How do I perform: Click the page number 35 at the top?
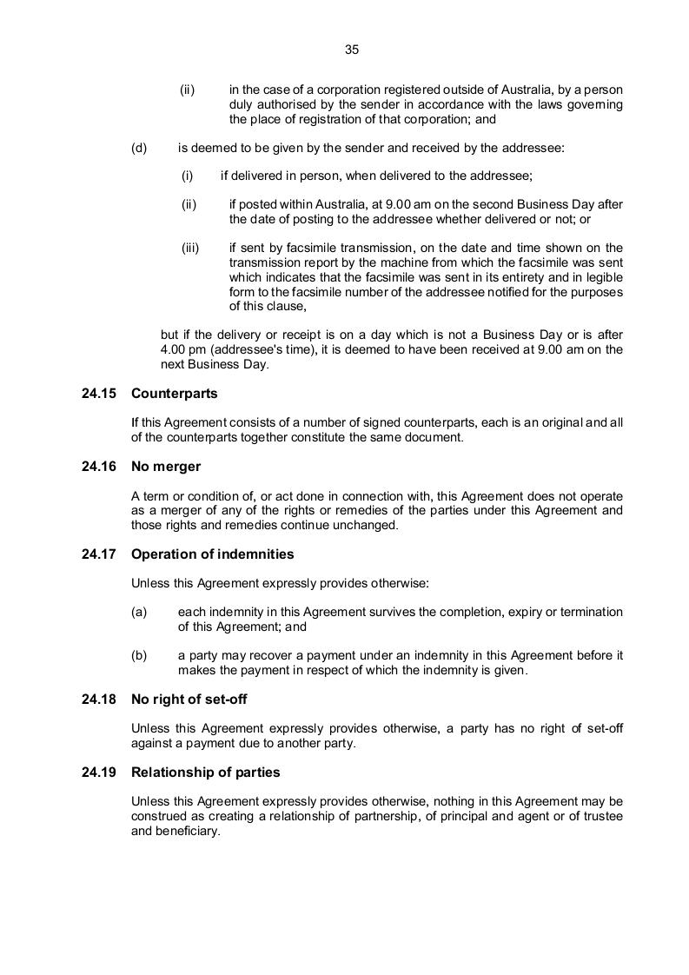[x=352, y=50]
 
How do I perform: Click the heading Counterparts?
[x=174, y=394]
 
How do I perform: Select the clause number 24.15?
[x=98, y=394]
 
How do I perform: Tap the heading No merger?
[x=166, y=467]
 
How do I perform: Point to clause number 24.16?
[x=98, y=467]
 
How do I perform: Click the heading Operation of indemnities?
[x=212, y=554]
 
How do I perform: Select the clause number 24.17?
[x=98, y=554]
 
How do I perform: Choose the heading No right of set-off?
[x=189, y=700]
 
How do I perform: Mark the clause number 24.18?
[x=98, y=700]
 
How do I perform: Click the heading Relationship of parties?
[x=205, y=772]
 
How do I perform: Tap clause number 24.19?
[x=98, y=772]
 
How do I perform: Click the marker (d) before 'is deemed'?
[x=140, y=148]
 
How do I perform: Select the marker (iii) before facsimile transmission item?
[x=190, y=248]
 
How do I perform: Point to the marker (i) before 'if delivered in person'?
[x=187, y=176]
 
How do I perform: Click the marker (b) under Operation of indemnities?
[x=140, y=655]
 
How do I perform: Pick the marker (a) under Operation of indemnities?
[x=140, y=612]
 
